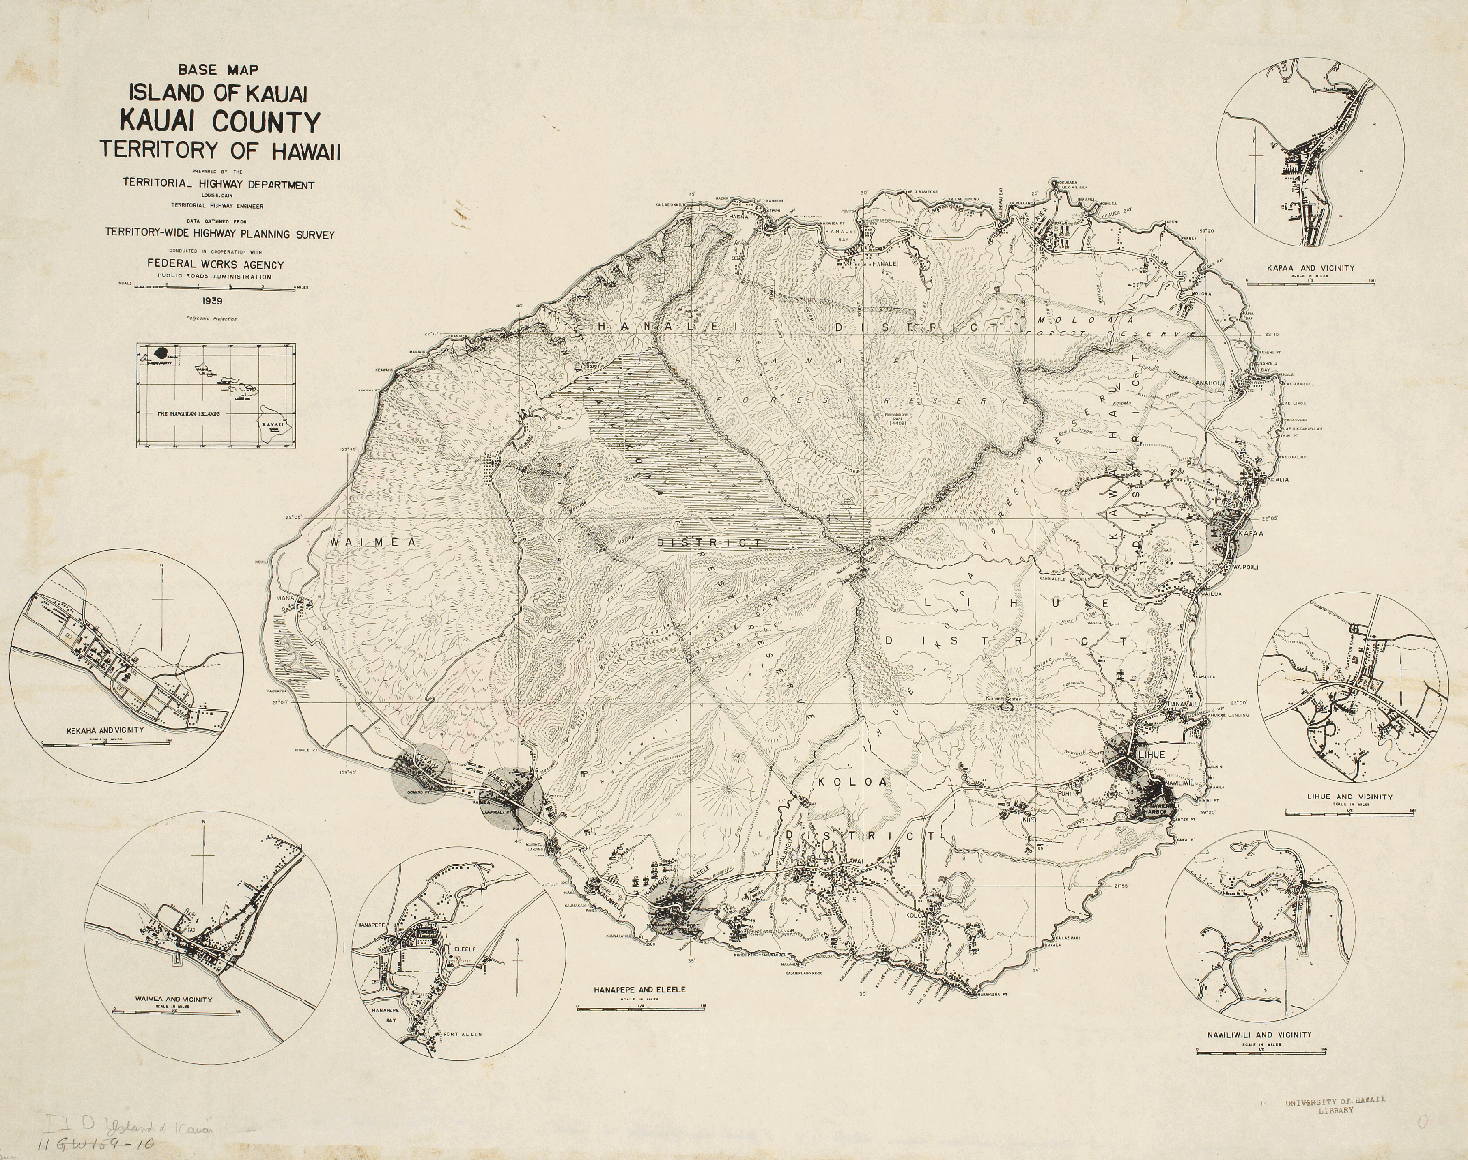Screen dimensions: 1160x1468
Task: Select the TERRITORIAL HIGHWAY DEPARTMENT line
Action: [x=217, y=184]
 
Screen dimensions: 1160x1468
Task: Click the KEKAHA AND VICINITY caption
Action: [x=105, y=730]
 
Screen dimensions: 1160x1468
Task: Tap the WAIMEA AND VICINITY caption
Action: [x=175, y=1000]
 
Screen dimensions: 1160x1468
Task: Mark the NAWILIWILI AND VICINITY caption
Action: [x=1260, y=1035]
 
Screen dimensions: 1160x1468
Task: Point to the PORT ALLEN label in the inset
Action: [x=458, y=1033]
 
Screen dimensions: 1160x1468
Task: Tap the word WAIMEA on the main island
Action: [x=371, y=543]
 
